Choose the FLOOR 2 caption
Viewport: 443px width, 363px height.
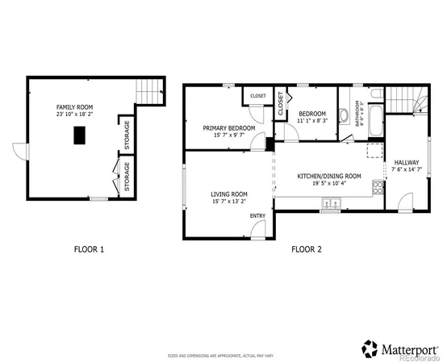(307, 249)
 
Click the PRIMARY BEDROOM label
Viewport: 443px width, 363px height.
(229, 127)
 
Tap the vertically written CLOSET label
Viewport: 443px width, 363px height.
(281, 101)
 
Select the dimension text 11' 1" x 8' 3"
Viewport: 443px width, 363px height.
(311, 120)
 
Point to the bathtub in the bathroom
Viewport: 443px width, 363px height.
(375, 114)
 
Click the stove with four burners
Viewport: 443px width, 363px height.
(377, 188)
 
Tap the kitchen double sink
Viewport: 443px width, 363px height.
(329, 205)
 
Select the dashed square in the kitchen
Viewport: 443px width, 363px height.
(373, 151)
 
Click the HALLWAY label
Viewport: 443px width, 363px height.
(406, 162)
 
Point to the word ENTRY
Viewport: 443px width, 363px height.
(257, 215)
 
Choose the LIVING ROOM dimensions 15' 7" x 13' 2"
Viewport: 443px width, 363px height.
(229, 202)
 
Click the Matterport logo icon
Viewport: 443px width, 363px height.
(370, 348)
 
